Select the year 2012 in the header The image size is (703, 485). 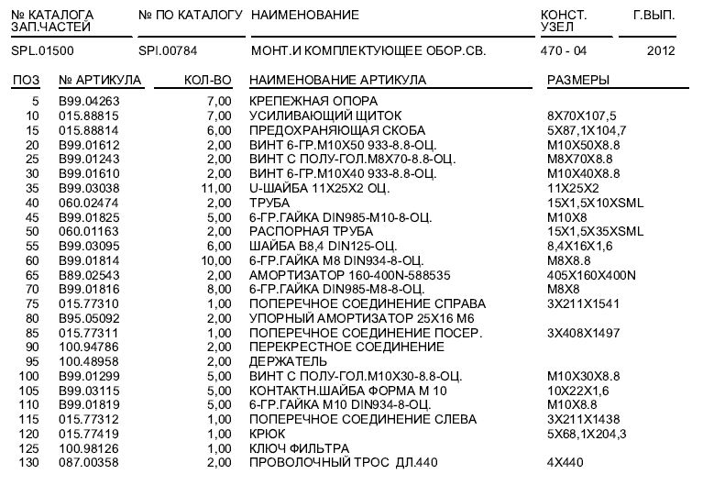coord(660,51)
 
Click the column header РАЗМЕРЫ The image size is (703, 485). coord(578,81)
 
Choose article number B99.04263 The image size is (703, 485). coord(89,101)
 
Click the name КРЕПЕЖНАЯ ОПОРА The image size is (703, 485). coord(314,101)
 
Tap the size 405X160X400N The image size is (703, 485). coord(591,275)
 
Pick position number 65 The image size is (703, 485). coord(33,275)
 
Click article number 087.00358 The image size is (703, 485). coord(89,463)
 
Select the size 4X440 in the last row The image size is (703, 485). coord(565,463)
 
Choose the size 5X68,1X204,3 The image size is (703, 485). coord(586,434)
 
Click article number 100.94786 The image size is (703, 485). coord(89,347)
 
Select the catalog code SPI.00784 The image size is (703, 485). coord(168,51)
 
